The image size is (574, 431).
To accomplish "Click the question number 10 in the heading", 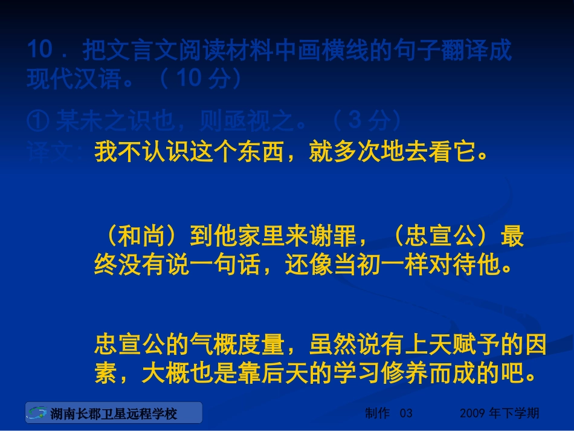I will [40, 50].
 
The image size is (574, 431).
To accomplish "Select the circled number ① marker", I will [38, 122].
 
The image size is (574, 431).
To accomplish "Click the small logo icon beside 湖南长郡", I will [37, 413].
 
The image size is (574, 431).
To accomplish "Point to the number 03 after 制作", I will [406, 413].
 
